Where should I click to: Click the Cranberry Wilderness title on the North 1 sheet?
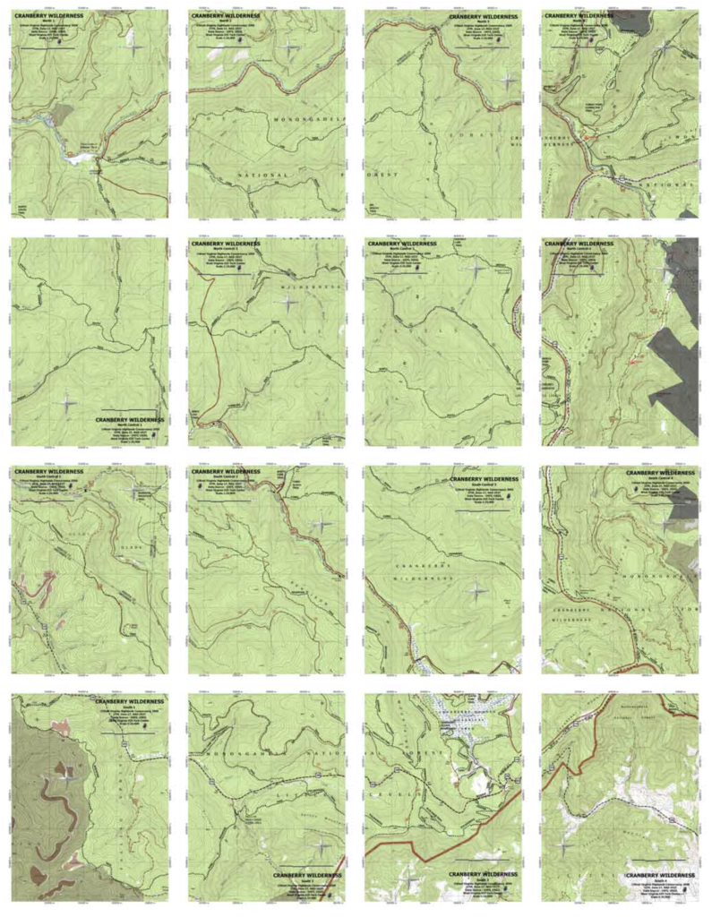(x=44, y=17)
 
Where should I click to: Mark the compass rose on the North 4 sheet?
(x=663, y=50)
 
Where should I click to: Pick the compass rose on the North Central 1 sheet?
(x=68, y=402)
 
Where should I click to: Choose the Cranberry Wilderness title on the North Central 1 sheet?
(x=129, y=418)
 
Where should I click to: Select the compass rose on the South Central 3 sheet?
(x=476, y=588)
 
